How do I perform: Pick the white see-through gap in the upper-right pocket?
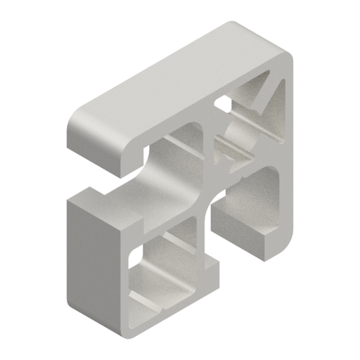pos(223,105)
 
